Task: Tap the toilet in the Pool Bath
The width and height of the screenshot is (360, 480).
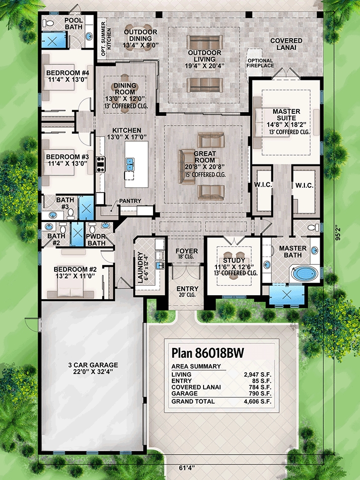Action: click(48, 23)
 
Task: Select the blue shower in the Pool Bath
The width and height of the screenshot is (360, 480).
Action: click(54, 40)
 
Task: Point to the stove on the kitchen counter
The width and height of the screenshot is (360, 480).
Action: click(100, 164)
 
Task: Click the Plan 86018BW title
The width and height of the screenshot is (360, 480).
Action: click(208, 353)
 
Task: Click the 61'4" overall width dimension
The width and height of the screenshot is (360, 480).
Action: click(187, 468)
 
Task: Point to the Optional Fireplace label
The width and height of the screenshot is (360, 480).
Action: click(260, 63)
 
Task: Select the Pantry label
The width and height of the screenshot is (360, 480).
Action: click(130, 201)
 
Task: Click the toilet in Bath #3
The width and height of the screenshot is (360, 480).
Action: click(71, 213)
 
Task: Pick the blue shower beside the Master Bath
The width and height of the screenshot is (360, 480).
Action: click(287, 294)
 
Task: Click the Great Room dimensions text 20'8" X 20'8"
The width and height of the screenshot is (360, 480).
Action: click(205, 166)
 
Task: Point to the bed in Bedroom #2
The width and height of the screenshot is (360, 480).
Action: click(71, 288)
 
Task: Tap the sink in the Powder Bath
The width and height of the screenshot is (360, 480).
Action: click(106, 226)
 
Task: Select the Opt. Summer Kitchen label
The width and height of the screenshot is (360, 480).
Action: click(106, 39)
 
